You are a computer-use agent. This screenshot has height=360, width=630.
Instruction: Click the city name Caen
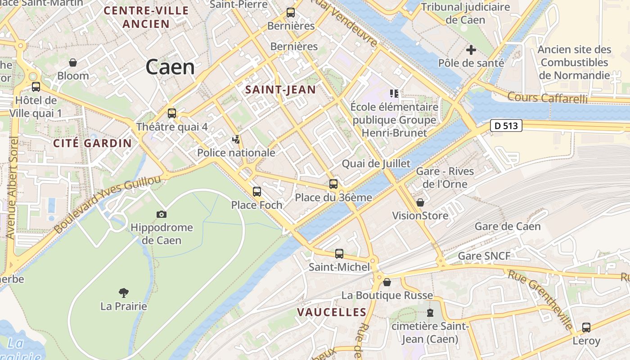pos(170,67)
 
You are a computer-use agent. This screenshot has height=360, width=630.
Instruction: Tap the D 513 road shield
pos(506,126)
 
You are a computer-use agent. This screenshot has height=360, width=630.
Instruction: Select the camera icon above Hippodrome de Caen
pos(161,215)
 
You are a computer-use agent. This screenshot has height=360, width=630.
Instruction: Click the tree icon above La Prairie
pos(124,293)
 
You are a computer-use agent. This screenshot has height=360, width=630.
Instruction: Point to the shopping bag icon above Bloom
pos(73,63)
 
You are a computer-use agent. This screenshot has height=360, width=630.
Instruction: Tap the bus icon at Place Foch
pos(256,192)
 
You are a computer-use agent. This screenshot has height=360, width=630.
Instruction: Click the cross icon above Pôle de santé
pos(471,50)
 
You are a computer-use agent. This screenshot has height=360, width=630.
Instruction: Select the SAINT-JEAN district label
pos(280,90)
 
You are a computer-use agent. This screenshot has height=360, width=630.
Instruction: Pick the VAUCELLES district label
pos(332,312)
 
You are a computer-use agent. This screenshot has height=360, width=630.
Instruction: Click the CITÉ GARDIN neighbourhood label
pos(93,144)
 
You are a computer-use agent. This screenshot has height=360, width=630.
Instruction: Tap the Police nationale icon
pos(236,139)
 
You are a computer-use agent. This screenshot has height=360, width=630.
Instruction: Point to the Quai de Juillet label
pos(376,163)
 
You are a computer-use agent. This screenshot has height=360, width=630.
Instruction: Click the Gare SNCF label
pos(484,256)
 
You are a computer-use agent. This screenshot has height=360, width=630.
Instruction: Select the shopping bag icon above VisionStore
pos(420,202)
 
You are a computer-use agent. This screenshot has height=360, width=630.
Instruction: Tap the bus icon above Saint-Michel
pos(339,254)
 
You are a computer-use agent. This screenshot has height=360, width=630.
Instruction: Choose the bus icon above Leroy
pos(586,328)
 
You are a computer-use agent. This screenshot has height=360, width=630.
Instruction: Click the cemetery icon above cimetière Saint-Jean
pos(430,312)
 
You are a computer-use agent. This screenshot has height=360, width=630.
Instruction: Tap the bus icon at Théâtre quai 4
pos(171,113)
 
